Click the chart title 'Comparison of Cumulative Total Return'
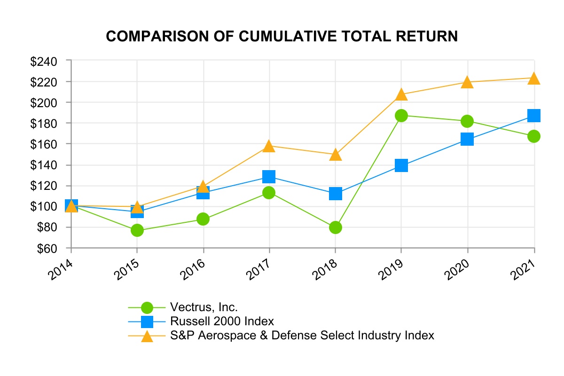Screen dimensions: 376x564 [x=282, y=36]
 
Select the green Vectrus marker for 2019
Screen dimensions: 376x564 [x=401, y=116]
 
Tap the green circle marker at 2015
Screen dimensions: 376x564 [x=137, y=230]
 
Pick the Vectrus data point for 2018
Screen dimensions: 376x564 [x=335, y=227]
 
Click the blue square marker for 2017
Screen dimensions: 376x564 [x=269, y=177]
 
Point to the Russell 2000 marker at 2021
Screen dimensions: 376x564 [x=533, y=115]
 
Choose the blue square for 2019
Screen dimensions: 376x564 [x=401, y=165]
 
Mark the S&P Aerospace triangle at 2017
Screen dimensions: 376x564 [x=269, y=146]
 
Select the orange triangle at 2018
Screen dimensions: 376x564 [x=335, y=155]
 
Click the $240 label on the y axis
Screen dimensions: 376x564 [x=43, y=61]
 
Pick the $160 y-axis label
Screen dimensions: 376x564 [x=43, y=144]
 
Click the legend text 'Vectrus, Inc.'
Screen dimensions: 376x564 [x=204, y=307]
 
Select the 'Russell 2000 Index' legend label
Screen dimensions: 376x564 [x=222, y=321]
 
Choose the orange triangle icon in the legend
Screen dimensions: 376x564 [x=147, y=336]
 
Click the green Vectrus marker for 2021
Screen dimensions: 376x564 [x=533, y=136]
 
